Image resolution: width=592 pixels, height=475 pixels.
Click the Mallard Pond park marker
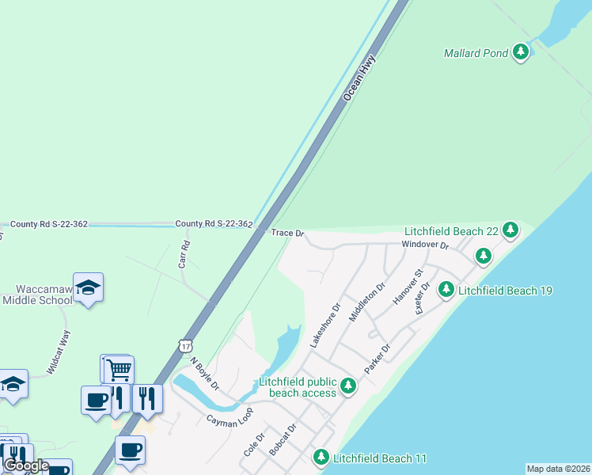[520, 53]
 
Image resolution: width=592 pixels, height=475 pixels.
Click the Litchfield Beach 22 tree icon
[510, 230]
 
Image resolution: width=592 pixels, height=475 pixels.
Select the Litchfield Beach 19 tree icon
[446, 290]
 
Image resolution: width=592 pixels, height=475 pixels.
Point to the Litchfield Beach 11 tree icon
[321, 458]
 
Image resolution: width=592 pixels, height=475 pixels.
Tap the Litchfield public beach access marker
[347, 386]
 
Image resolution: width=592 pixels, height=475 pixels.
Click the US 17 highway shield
[185, 345]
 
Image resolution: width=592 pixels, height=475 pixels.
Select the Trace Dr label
[287, 234]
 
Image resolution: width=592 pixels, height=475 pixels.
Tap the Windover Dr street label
[425, 245]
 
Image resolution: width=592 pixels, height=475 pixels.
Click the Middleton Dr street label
[366, 302]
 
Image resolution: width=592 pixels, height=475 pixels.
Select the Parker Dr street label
[378, 359]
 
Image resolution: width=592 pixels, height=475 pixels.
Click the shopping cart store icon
[119, 367]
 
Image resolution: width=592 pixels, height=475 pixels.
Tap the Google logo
[25, 465]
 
